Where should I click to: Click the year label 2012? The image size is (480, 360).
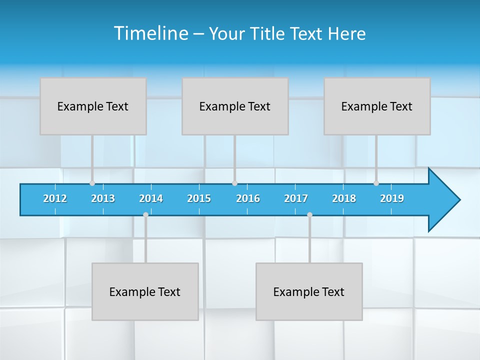click(x=55, y=198)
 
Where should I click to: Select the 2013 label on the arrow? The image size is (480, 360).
click(x=103, y=198)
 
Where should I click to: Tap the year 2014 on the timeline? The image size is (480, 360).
click(x=151, y=198)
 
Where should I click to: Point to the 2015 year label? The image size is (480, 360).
click(x=199, y=198)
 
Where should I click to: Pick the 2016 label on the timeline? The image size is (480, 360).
click(x=248, y=198)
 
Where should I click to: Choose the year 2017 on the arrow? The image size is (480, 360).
click(x=296, y=198)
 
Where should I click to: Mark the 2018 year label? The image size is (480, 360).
click(x=344, y=198)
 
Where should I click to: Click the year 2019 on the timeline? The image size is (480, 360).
click(x=392, y=198)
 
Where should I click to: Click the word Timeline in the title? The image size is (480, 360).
click(x=150, y=33)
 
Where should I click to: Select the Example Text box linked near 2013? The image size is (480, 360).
click(x=93, y=106)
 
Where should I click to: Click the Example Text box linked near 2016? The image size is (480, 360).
click(x=235, y=106)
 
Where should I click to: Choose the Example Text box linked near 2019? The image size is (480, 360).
click(x=377, y=106)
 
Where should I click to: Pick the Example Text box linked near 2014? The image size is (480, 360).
click(x=145, y=291)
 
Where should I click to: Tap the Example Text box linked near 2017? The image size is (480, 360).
click(x=309, y=291)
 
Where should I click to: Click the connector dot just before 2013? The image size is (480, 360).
click(x=92, y=183)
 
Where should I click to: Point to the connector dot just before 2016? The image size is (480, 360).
click(x=235, y=183)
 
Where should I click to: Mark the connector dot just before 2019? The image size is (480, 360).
click(x=376, y=183)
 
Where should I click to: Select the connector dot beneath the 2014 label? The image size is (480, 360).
click(x=145, y=214)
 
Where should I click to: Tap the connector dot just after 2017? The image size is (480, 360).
click(x=309, y=214)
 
